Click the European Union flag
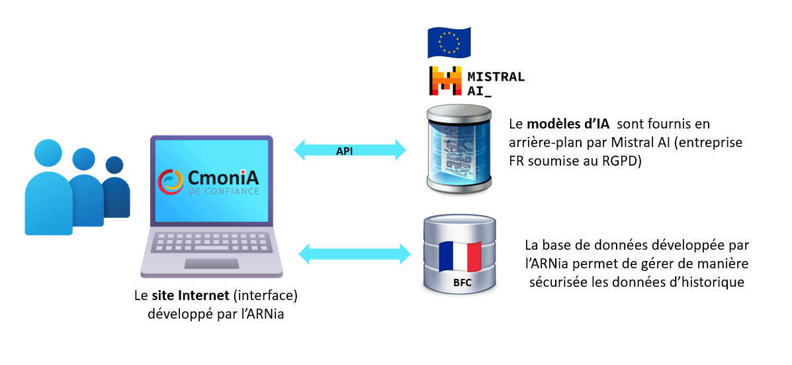tap(449, 42)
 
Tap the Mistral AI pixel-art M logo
tap(445, 82)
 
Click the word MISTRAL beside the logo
tap(496, 76)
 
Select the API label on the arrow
tap(344, 151)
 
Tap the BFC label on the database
tap(462, 283)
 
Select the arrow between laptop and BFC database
tap(355, 252)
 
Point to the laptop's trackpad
tap(211, 264)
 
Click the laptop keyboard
tap(211, 241)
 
